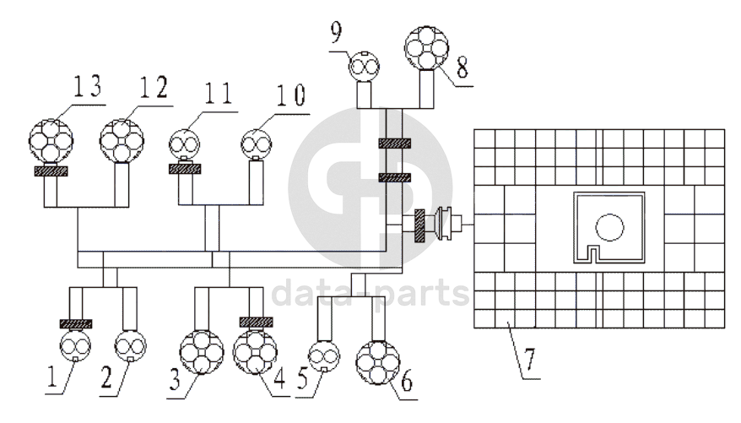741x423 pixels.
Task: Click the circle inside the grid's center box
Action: (x=608, y=226)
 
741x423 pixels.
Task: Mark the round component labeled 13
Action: (x=51, y=139)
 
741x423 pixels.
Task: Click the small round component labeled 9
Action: (x=366, y=64)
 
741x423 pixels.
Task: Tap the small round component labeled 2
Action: (x=130, y=345)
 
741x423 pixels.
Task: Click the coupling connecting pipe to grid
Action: (x=441, y=225)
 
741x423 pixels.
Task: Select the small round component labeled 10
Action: (x=257, y=142)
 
